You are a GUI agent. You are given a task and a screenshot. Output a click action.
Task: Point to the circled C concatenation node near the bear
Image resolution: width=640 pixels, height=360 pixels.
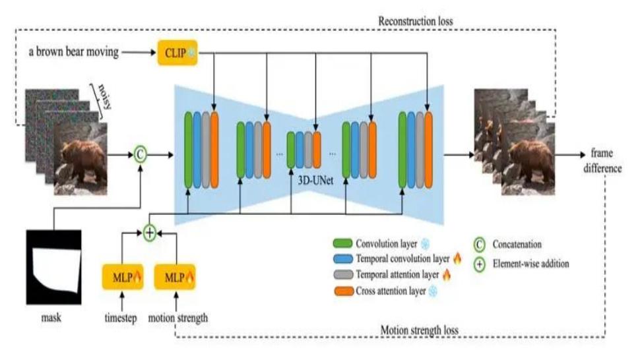141,154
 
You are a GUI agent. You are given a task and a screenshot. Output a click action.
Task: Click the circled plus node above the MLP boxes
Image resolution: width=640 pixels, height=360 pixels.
150,231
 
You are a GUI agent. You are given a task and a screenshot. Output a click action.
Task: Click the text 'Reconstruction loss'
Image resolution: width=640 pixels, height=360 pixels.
416,21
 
